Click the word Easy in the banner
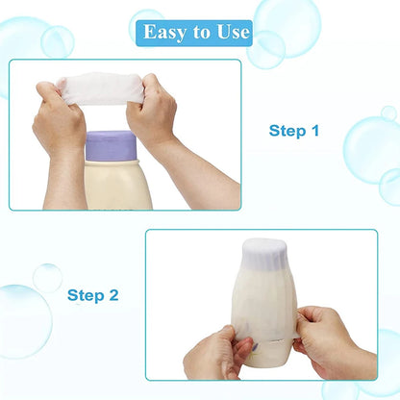tap(163, 32)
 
